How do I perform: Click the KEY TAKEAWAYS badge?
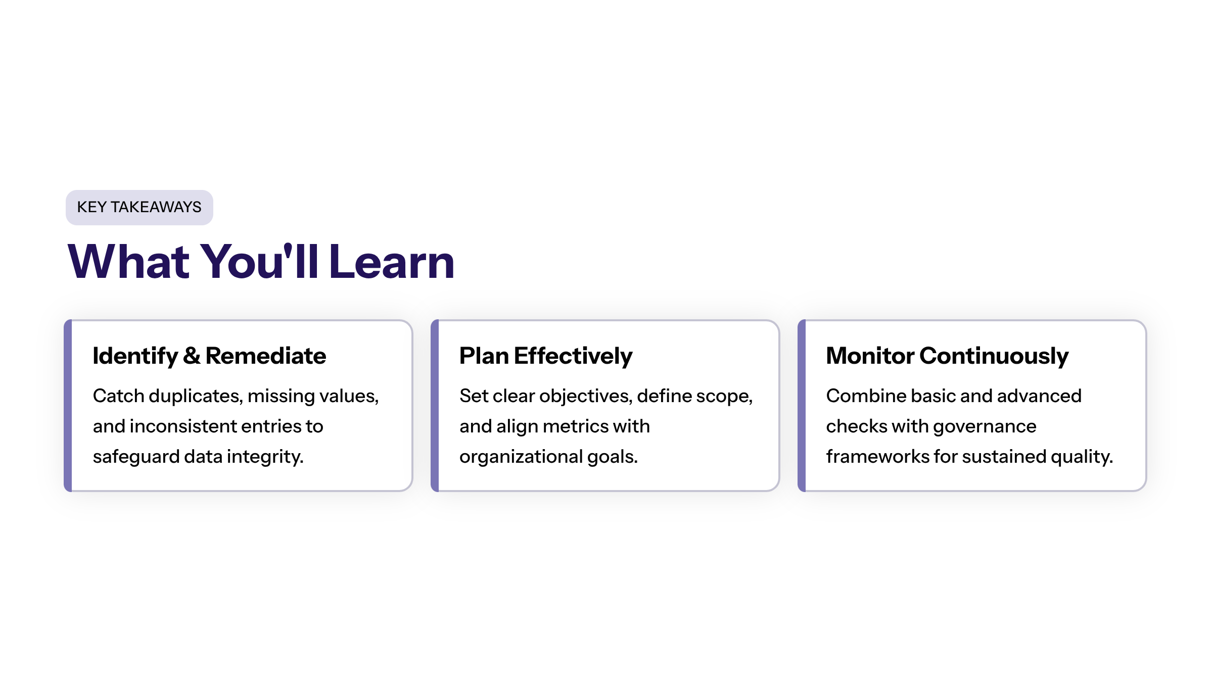[x=139, y=207]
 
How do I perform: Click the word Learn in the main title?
[x=392, y=262]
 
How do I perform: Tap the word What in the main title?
[x=128, y=262]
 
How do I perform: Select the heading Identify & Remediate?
[x=209, y=356]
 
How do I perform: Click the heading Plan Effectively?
[x=546, y=356]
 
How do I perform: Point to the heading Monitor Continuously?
[x=947, y=356]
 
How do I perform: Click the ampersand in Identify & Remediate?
[x=192, y=356]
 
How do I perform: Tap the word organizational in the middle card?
[x=521, y=457]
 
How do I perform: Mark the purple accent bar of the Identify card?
[x=68, y=406]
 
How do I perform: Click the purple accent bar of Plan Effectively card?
[x=435, y=406]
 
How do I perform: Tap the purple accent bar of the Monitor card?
[x=802, y=406]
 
